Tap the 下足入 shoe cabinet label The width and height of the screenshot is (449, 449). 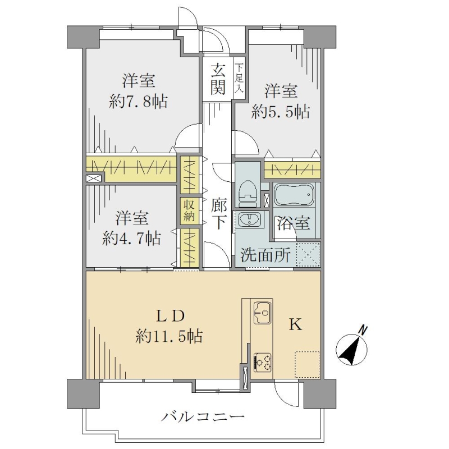pyautogui.click(x=239, y=78)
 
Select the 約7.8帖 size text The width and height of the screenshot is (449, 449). pyautogui.click(x=138, y=102)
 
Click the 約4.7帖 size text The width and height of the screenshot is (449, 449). pyautogui.click(x=131, y=238)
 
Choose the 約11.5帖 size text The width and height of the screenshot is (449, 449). pyautogui.click(x=169, y=336)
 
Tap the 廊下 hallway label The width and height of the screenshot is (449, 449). pyautogui.click(x=219, y=214)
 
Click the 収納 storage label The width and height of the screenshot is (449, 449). pyautogui.click(x=189, y=211)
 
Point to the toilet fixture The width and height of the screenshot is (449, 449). pyautogui.click(x=248, y=193)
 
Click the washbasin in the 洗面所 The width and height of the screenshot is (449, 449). pyautogui.click(x=249, y=219)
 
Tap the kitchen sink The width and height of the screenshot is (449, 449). pyautogui.click(x=262, y=313)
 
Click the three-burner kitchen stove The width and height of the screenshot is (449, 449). pyautogui.click(x=262, y=361)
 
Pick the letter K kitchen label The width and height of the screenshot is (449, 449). pyautogui.click(x=295, y=325)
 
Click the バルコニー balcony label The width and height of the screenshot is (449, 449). pyautogui.click(x=203, y=416)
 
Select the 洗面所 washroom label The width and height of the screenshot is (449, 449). pyautogui.click(x=265, y=254)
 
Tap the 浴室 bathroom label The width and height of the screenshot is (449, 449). pyautogui.click(x=293, y=223)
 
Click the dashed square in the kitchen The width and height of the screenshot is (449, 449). pyautogui.click(x=307, y=364)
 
